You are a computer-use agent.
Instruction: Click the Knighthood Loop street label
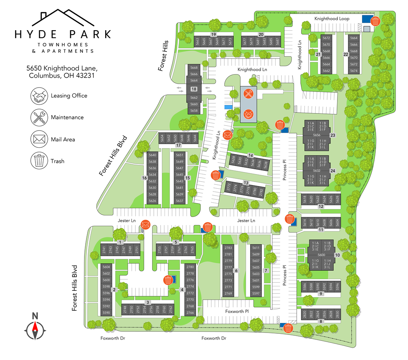click(x=331, y=19)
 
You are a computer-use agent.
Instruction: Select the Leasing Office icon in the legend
click(x=39, y=96)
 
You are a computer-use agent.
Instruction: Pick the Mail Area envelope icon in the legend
click(x=39, y=139)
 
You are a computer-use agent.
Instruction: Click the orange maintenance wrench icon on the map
click(x=249, y=94)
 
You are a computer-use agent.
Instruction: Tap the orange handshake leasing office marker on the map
click(x=249, y=113)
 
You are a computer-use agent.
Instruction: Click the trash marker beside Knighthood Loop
click(x=375, y=21)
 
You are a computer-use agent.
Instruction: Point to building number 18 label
click(x=194, y=89)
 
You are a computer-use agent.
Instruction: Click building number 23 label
click(x=332, y=135)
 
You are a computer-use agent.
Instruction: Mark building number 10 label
click(x=337, y=255)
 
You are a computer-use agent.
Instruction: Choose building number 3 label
click(x=148, y=303)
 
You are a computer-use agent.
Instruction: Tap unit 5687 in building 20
click(x=277, y=41)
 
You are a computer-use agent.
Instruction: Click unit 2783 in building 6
click(x=228, y=248)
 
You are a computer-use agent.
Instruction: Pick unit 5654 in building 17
click(x=162, y=138)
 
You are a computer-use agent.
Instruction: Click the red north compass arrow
click(x=35, y=327)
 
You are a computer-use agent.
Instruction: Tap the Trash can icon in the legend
click(x=39, y=161)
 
